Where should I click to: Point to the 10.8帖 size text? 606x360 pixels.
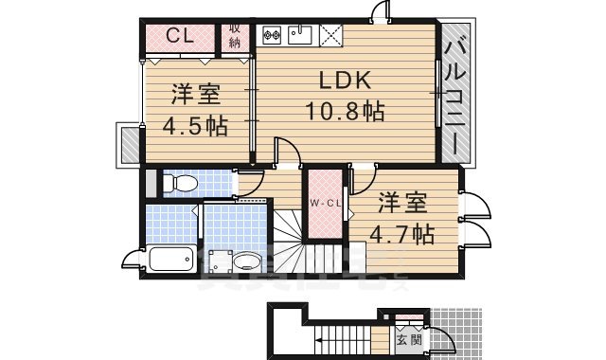tap(344, 112)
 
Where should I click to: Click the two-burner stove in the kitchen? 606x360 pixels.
tap(274, 36)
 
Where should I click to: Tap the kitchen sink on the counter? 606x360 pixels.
tap(300, 35)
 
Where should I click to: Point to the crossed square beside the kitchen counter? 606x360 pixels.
tap(332, 34)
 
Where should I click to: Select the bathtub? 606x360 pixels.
tap(171, 258)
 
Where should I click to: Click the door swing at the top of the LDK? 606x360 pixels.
tap(380, 11)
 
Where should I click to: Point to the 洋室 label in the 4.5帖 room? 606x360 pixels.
tap(196, 96)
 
